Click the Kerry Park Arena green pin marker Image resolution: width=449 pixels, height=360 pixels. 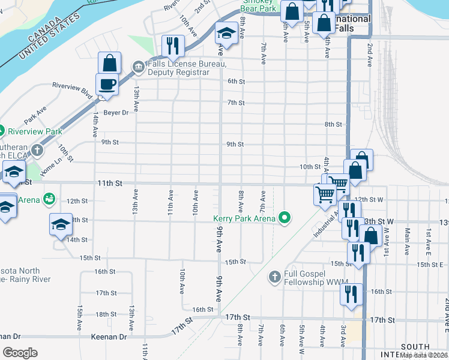[x=286, y=218]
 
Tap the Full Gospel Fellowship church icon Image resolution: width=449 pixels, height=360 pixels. [x=274, y=277]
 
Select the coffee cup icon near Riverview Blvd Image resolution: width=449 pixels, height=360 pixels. [x=107, y=85]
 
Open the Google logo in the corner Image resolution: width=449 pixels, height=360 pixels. [x=20, y=352]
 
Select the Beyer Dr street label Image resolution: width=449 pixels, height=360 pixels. [x=116, y=112]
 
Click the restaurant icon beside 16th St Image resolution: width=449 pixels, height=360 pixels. [x=351, y=294]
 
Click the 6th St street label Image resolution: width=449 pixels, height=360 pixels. [x=236, y=82]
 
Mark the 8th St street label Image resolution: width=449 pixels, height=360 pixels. [x=333, y=124]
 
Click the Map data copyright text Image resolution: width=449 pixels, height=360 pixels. [x=424, y=355]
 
